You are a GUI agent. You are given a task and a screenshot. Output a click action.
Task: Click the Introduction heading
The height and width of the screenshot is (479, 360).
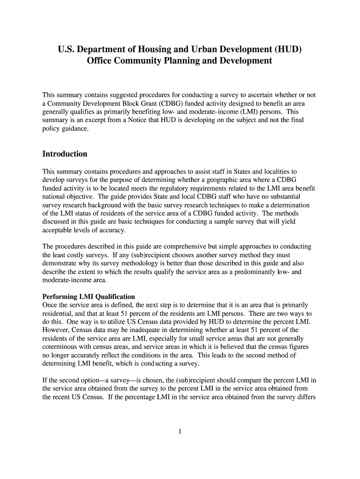pyautogui.click(x=65, y=154)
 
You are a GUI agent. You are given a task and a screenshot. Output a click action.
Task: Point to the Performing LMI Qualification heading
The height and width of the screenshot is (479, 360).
pyautogui.click(x=89, y=297)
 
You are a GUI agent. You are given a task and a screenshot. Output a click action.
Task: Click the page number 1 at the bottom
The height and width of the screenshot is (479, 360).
pyautogui.click(x=180, y=431)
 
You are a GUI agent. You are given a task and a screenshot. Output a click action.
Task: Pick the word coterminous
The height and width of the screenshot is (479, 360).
pyautogui.click(x=61, y=347)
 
